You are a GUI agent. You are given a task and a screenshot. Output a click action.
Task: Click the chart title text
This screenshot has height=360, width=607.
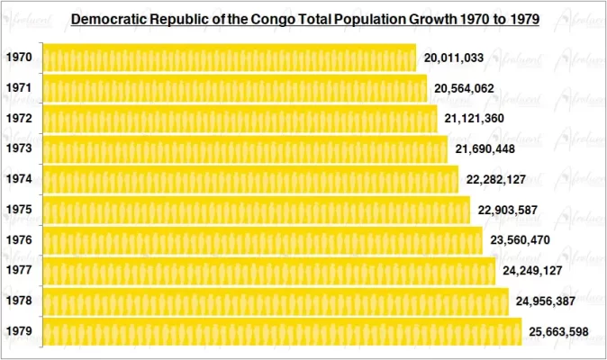click(304, 18)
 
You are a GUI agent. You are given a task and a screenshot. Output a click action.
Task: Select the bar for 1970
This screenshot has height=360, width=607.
click(229, 58)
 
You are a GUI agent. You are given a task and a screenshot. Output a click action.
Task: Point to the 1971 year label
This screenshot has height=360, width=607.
click(19, 88)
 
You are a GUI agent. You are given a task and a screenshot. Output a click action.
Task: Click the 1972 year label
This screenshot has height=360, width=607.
click(19, 119)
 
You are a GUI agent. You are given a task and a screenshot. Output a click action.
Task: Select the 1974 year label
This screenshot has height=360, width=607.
click(19, 179)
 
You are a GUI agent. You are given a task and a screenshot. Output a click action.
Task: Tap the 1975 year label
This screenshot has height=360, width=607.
click(19, 210)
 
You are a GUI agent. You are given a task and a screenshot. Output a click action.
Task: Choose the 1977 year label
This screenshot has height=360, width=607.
click(19, 271)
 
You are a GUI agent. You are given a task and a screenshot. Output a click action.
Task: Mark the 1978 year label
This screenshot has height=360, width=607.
click(19, 301)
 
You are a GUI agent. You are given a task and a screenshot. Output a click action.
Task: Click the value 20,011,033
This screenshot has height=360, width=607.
click(454, 58)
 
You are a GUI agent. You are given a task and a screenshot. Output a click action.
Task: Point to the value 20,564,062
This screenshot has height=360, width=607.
click(464, 89)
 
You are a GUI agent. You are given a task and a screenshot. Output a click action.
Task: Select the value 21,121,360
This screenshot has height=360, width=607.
click(475, 119)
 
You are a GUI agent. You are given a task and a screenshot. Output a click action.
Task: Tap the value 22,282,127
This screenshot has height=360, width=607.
click(496, 179)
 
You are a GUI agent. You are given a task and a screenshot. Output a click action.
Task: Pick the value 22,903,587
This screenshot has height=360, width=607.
click(508, 210)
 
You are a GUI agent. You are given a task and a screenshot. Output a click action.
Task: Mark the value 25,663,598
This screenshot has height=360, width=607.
click(558, 332)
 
